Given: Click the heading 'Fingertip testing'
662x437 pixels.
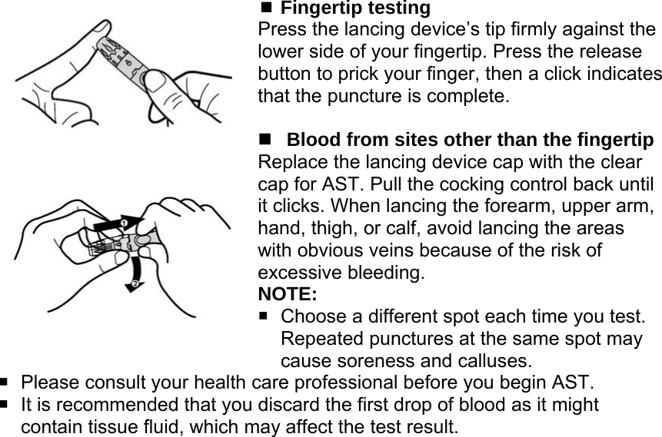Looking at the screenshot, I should (x=354, y=8).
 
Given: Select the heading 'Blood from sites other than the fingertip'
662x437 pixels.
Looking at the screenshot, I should (x=470, y=141).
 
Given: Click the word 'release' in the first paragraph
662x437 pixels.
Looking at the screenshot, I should (x=606, y=53).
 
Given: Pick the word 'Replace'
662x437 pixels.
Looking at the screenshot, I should (x=291, y=163).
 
